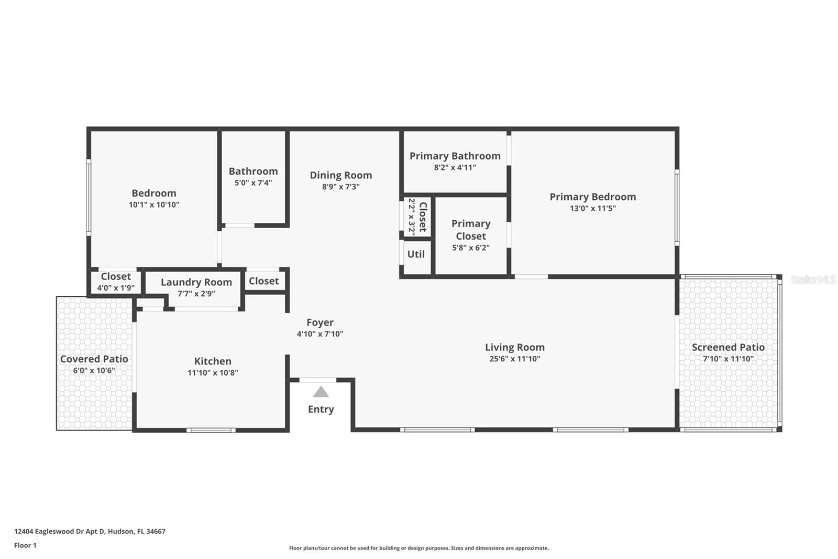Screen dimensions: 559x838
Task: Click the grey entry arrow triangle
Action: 321,392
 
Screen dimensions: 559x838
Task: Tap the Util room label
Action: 416,254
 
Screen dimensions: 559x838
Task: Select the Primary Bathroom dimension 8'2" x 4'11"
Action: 455,168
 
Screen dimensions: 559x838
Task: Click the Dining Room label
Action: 340,175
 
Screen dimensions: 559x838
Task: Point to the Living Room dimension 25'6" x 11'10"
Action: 514,359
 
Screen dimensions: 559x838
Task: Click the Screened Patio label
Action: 728,347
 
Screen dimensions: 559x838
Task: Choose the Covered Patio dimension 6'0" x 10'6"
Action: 94,371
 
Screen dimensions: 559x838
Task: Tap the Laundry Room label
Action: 196,282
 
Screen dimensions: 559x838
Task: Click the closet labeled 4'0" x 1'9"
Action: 116,282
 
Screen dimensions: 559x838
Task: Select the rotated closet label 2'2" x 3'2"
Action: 417,216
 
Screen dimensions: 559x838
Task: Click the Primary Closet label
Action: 470,230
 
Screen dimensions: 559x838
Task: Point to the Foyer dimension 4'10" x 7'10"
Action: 319,334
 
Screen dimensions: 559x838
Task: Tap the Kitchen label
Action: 213,361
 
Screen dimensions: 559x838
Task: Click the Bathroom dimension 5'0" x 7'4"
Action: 253,183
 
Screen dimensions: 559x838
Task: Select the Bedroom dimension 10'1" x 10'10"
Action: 154,205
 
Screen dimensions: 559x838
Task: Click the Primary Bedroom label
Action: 592,197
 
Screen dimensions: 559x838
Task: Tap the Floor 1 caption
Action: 25,545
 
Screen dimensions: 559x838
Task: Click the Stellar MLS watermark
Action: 813,279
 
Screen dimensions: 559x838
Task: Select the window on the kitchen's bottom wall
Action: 211,431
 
